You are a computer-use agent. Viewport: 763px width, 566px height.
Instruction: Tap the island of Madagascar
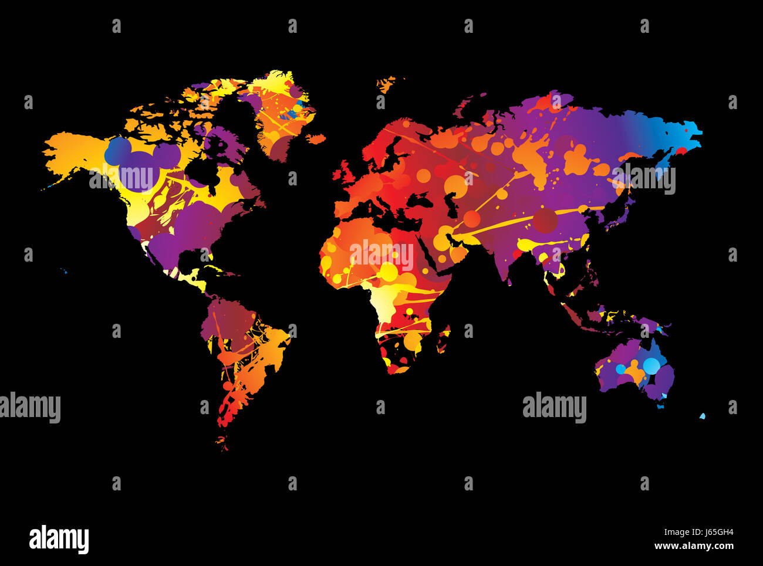pos(444,340)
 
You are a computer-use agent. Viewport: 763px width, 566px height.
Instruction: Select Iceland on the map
pos(316,139)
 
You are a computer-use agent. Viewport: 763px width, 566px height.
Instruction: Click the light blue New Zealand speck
pos(702,416)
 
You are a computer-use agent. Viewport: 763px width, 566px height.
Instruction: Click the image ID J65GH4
pos(698,533)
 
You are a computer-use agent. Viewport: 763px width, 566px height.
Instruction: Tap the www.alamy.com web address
pos(694,546)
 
